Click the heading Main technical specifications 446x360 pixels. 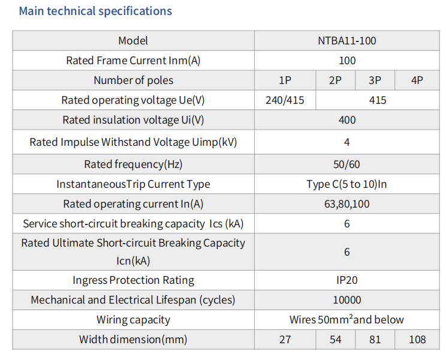point(95,11)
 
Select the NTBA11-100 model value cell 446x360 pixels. point(346,41)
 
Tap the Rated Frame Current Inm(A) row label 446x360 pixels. point(133,61)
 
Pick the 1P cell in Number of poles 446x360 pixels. point(285,80)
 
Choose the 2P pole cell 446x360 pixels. point(335,80)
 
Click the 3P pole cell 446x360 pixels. point(375,80)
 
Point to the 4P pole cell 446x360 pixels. point(417,80)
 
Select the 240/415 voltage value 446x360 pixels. point(285,100)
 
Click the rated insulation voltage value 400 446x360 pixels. point(347,120)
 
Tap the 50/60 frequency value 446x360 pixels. point(346,164)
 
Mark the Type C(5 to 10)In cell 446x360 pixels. point(346,184)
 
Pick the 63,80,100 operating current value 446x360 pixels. point(346,204)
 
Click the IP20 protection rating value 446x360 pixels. point(346,280)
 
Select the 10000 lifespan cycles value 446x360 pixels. point(347,300)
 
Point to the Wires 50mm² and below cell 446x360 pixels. point(346,320)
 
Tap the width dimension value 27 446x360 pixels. point(285,340)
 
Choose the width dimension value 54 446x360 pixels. point(335,340)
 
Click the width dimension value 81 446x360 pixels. point(375,340)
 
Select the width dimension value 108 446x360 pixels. point(417,340)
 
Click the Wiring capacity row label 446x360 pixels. point(133,320)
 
